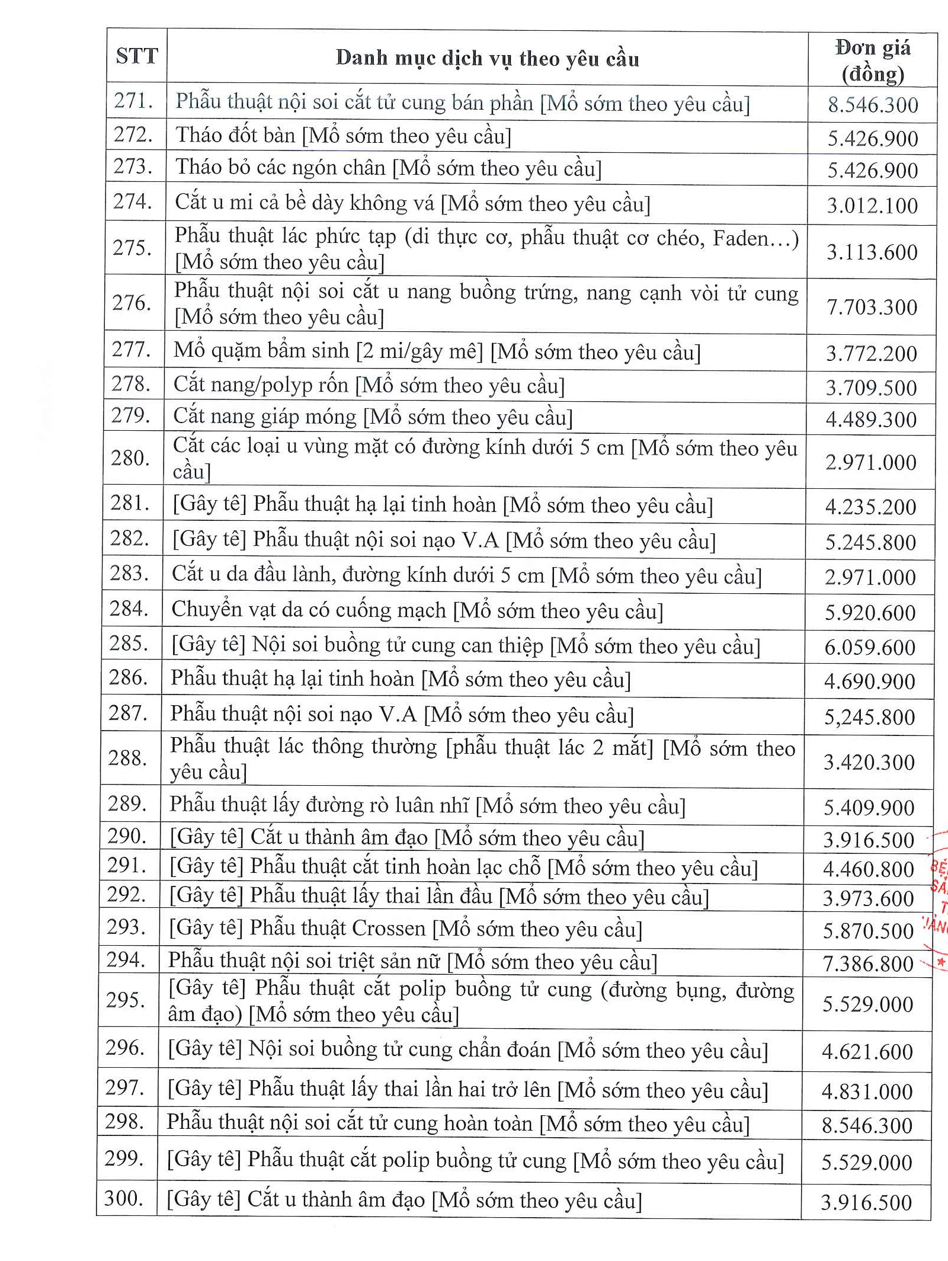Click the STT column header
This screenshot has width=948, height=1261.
pos(137,56)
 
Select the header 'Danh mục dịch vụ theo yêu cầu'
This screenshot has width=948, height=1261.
pos(487,59)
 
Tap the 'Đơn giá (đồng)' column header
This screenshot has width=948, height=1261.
pos(873,60)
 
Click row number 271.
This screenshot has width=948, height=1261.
pos(134,101)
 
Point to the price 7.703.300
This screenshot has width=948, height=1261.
pos(872,307)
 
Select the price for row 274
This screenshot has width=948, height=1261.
pos(872,206)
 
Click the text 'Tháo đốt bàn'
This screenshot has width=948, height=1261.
pos(235,136)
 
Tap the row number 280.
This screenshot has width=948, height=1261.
pos(130,458)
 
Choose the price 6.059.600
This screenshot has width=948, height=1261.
pos(870,647)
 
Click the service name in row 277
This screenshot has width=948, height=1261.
pos(437,351)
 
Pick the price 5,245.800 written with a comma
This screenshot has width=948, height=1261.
pos(869,717)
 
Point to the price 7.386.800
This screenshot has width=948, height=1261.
pos(868,964)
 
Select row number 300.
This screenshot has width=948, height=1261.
pos(124,1198)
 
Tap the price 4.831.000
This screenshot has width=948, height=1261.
pos(867,1092)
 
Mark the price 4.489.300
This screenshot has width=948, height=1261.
pos(871,420)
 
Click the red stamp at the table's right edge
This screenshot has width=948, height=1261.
pos(940,901)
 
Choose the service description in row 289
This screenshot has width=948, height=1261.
pos(427,806)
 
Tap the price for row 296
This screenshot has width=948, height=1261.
pos(867,1052)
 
